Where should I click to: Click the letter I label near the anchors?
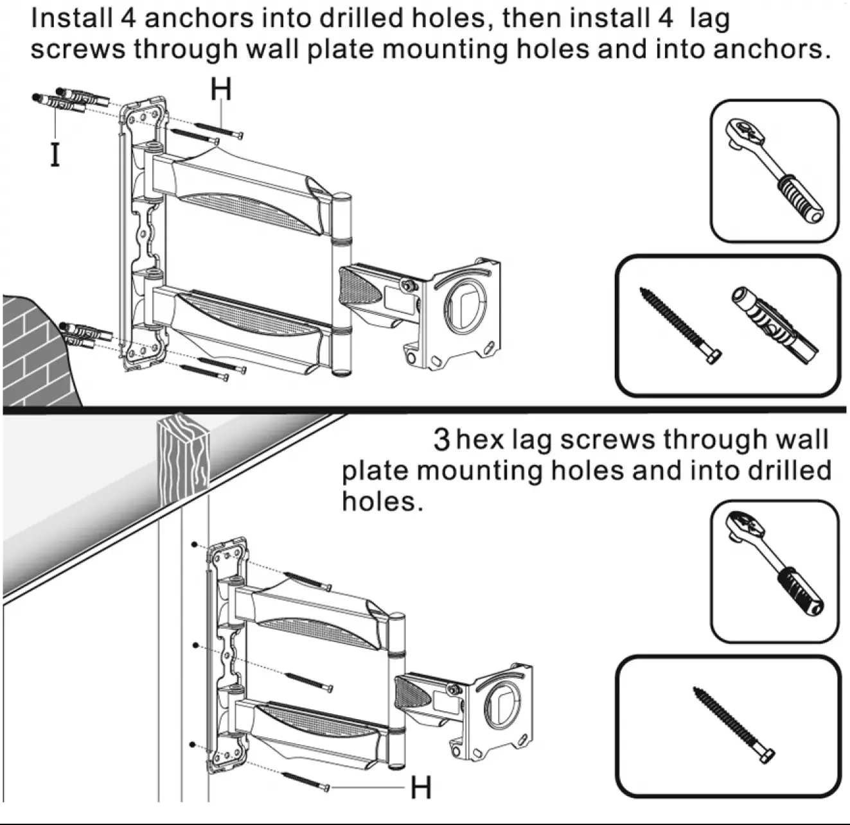(x=55, y=154)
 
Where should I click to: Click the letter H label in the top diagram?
(x=220, y=91)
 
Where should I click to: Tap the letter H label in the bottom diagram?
(x=421, y=787)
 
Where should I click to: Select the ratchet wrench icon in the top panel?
(x=774, y=169)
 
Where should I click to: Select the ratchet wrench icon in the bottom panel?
(x=774, y=571)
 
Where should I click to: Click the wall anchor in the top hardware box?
(x=774, y=324)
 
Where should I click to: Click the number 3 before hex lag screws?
(x=442, y=440)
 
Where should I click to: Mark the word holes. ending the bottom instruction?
(x=382, y=501)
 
